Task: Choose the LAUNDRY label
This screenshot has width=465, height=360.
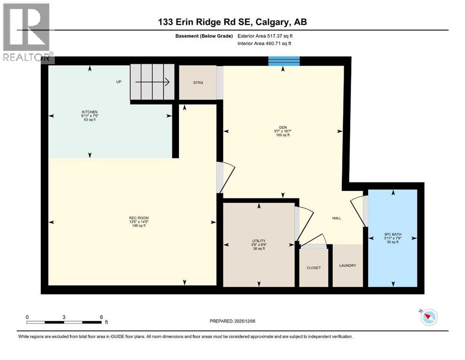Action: pos(347,266)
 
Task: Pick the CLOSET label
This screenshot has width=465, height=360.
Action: pos(313,268)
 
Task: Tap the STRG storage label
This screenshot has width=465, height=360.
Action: pos(198,83)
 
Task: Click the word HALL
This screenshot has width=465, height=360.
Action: pos(337,218)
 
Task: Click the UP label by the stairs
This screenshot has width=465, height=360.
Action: pos(119,82)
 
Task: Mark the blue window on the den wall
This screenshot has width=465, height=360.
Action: pos(284,61)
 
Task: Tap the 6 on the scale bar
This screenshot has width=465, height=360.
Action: pos(101,317)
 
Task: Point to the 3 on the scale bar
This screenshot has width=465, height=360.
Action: pos(64,317)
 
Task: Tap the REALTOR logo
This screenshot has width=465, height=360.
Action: pos(27,32)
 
